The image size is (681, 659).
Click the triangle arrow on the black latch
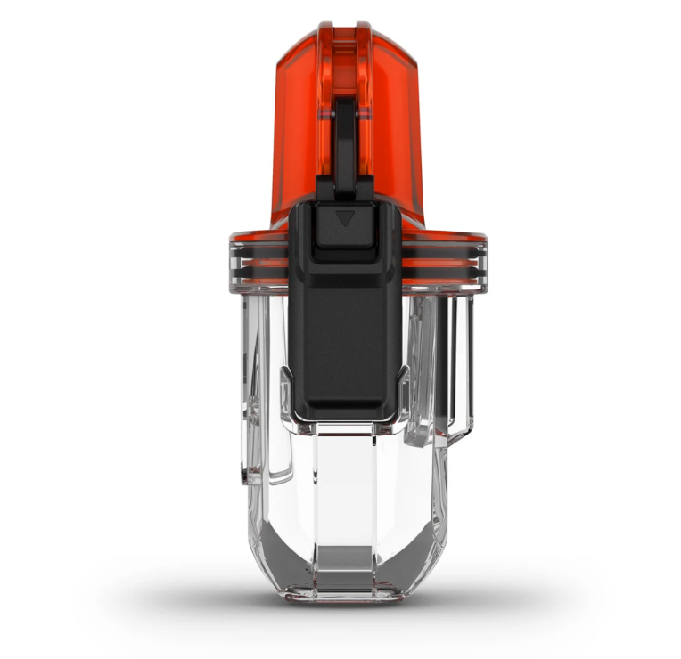tap(345, 217)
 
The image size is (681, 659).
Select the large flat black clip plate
tap(345, 329)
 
